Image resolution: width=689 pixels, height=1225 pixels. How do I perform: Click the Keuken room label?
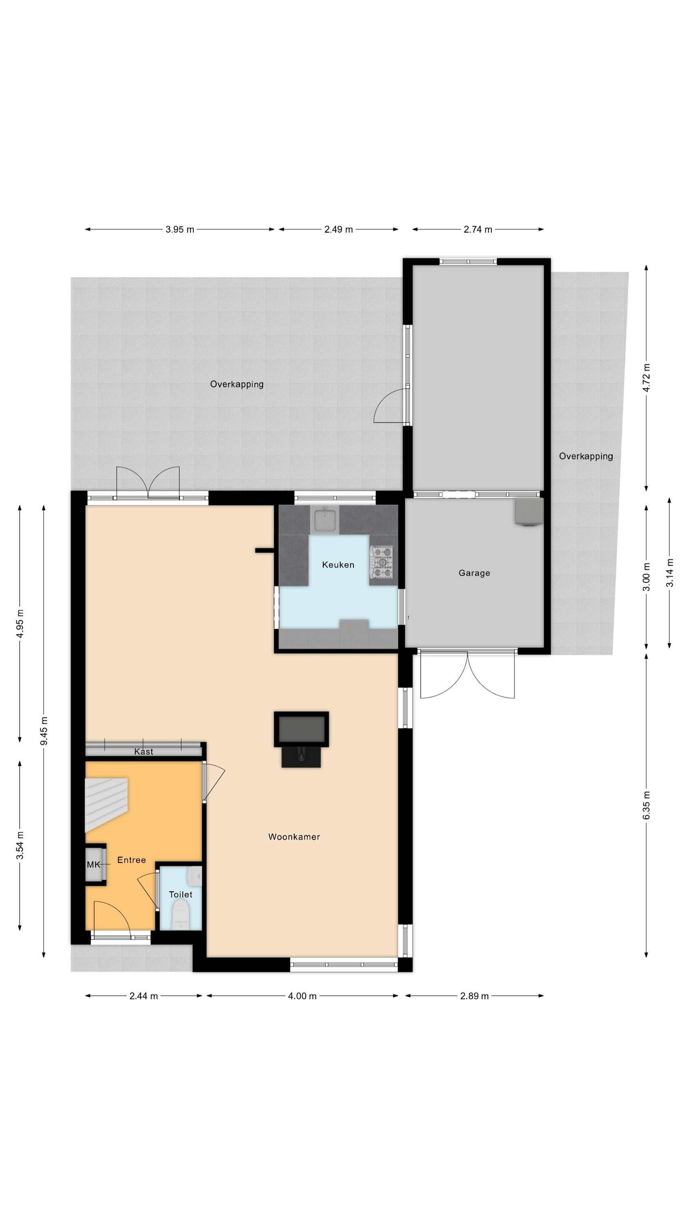[338, 565]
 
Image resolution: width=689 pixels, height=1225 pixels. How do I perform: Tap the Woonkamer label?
[294, 837]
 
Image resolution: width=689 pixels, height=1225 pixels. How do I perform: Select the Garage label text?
[474, 573]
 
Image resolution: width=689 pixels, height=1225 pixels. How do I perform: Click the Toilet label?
[181, 895]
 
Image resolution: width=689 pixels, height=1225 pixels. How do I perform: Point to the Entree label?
[131, 860]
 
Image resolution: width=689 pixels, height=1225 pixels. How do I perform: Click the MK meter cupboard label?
[93, 864]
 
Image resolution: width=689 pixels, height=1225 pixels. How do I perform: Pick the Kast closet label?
[144, 751]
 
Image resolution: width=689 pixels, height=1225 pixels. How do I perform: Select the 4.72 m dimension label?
[646, 378]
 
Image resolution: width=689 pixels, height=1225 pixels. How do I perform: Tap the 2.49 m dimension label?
[338, 229]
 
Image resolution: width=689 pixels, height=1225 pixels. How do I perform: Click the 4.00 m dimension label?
[302, 996]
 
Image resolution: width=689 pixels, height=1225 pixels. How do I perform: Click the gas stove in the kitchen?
[382, 563]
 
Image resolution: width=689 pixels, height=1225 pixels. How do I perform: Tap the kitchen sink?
[325, 520]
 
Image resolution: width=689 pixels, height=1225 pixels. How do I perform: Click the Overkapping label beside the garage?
[586, 456]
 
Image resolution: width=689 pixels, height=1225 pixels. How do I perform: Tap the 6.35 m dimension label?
[646, 805]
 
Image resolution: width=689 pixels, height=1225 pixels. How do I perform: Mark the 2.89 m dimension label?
[474, 996]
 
